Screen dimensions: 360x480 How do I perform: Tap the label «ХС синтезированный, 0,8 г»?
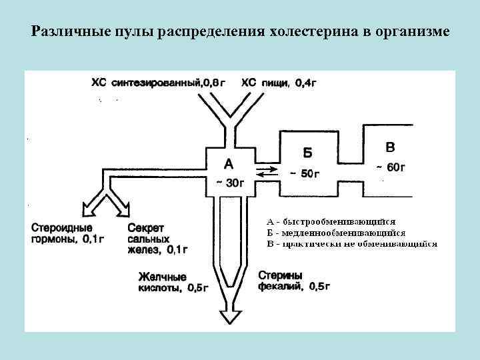pyautogui.click(x=158, y=83)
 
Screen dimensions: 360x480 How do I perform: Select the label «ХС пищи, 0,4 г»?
pyautogui.click(x=273, y=83)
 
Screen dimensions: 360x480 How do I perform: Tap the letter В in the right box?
pyautogui.click(x=390, y=147)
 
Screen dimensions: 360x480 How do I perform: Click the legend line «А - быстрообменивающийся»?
pyautogui.click(x=331, y=221)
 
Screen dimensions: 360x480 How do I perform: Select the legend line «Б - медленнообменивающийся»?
pyautogui.click(x=336, y=233)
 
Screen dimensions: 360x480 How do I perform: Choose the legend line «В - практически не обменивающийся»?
pyautogui.click(x=351, y=243)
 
